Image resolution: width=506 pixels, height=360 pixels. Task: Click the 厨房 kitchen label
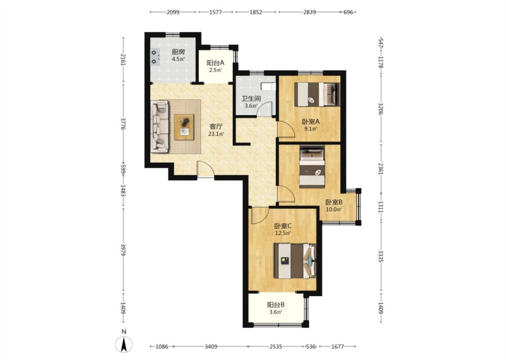point(178,52)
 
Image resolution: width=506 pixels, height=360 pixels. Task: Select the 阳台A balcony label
point(215,63)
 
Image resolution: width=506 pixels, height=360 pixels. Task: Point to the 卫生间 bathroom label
point(251,99)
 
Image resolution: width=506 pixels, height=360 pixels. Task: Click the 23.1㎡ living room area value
point(216,134)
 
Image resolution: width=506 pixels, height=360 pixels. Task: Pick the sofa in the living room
point(160,126)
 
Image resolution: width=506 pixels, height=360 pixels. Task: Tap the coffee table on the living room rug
point(184,127)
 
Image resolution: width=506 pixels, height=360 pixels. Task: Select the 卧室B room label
point(334,202)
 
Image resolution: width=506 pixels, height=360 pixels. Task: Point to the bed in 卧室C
point(295,261)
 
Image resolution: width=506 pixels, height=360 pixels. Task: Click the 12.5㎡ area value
point(283,233)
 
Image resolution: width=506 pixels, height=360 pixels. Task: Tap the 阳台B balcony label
point(276,305)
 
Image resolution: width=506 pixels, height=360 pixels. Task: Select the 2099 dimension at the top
point(173,12)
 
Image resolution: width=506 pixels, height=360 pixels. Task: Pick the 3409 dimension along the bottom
point(211,346)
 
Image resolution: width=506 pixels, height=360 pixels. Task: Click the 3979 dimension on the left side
point(123,250)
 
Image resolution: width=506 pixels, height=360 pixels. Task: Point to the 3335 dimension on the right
point(381,256)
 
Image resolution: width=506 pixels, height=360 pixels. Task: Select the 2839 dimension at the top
point(309,12)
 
